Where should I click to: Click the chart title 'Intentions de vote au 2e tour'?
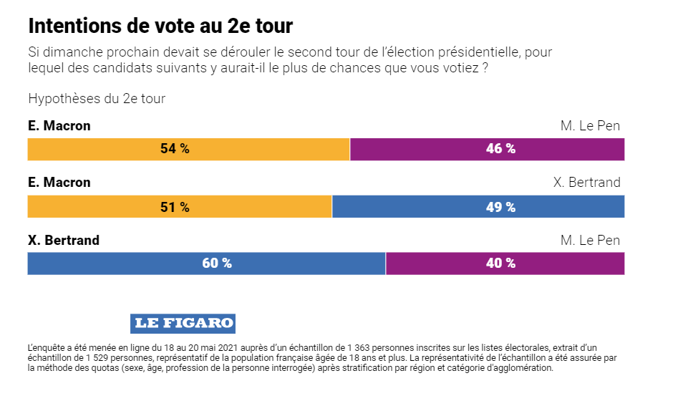(160, 26)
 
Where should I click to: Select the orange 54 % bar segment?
(188, 149)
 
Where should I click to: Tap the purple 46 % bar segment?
(488, 149)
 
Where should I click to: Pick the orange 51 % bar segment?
(180, 207)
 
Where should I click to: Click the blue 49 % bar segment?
(478, 207)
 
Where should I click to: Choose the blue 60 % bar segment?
(206, 264)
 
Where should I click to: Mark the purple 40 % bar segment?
(505, 264)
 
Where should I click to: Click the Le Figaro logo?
(183, 324)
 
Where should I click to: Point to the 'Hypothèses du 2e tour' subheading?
(97, 99)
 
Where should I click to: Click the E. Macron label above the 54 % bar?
(59, 125)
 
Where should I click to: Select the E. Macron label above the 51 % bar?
(59, 182)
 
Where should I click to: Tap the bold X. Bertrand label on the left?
(64, 240)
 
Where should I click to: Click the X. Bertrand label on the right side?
(587, 182)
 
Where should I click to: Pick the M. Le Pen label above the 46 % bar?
(590, 125)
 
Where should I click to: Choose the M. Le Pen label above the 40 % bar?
(590, 240)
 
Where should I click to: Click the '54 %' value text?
(175, 149)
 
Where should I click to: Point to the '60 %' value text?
(217, 263)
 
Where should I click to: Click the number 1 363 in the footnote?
(359, 348)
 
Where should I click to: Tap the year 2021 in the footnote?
(228, 348)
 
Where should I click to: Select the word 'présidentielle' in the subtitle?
(479, 52)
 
